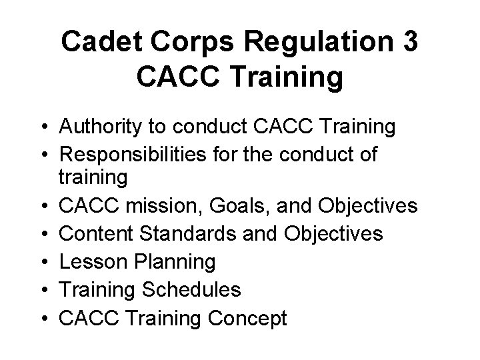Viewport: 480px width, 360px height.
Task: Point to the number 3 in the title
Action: click(409, 42)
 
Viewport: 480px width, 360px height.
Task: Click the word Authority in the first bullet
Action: click(102, 125)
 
